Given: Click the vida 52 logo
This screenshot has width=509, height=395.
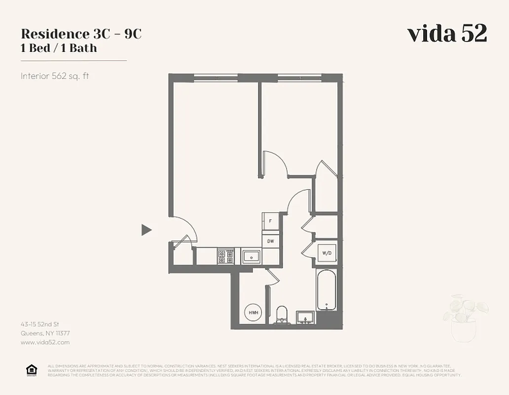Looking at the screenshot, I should click(447, 34).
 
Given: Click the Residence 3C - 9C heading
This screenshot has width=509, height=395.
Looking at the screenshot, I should click(81, 34).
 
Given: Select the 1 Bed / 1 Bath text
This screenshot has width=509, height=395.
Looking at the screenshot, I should click(59, 48).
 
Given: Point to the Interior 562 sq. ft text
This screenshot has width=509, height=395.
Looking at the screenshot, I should click(54, 76).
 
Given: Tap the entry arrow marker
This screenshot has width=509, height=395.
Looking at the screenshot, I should click(146, 230).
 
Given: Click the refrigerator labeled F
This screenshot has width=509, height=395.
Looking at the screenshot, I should click(270, 221).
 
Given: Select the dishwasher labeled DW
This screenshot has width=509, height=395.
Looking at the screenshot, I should click(271, 241).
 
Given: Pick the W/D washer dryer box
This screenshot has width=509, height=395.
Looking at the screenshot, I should click(327, 253).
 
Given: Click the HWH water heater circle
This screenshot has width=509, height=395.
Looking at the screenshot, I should click(254, 313).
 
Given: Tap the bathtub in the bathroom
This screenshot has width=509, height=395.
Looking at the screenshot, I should click(326, 290).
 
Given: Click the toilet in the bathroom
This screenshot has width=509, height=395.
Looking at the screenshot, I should click(282, 315).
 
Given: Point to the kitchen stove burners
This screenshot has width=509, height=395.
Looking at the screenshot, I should click(225, 256).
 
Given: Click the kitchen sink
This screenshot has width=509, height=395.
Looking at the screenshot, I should click(252, 256).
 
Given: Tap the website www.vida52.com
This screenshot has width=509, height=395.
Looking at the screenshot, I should click(45, 342).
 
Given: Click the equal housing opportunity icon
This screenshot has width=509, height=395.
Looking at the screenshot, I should click(31, 370).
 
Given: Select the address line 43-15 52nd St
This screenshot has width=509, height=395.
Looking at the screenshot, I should click(39, 324).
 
